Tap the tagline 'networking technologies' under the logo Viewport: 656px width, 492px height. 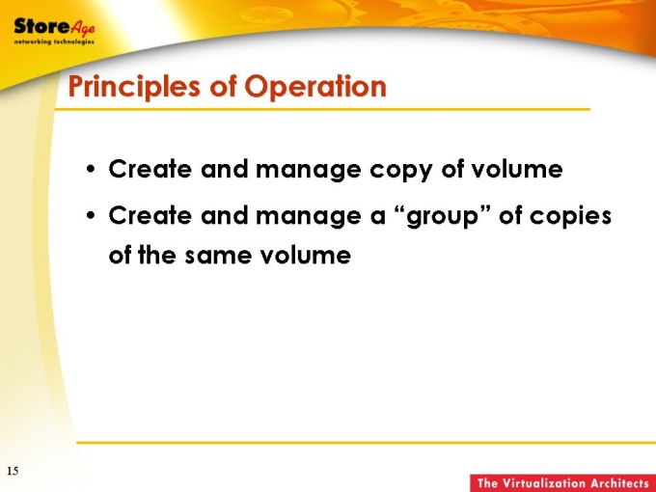(54, 41)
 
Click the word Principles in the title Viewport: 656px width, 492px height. (134, 88)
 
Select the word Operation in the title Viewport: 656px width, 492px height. (315, 87)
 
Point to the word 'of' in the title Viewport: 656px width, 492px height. (223, 86)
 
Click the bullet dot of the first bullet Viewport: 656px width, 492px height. (91, 170)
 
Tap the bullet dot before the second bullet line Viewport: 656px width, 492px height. (91, 216)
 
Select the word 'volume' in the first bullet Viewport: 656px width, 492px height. (517, 169)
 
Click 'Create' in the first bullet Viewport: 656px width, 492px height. (150, 169)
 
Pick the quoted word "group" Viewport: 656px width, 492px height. (442, 217)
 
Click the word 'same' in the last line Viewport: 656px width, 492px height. (218, 256)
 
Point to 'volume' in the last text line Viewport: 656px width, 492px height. (306, 255)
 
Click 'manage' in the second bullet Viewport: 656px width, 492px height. (309, 218)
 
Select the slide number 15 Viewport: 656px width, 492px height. (13, 471)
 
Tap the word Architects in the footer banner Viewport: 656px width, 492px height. (619, 483)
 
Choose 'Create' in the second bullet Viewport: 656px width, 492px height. (150, 215)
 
